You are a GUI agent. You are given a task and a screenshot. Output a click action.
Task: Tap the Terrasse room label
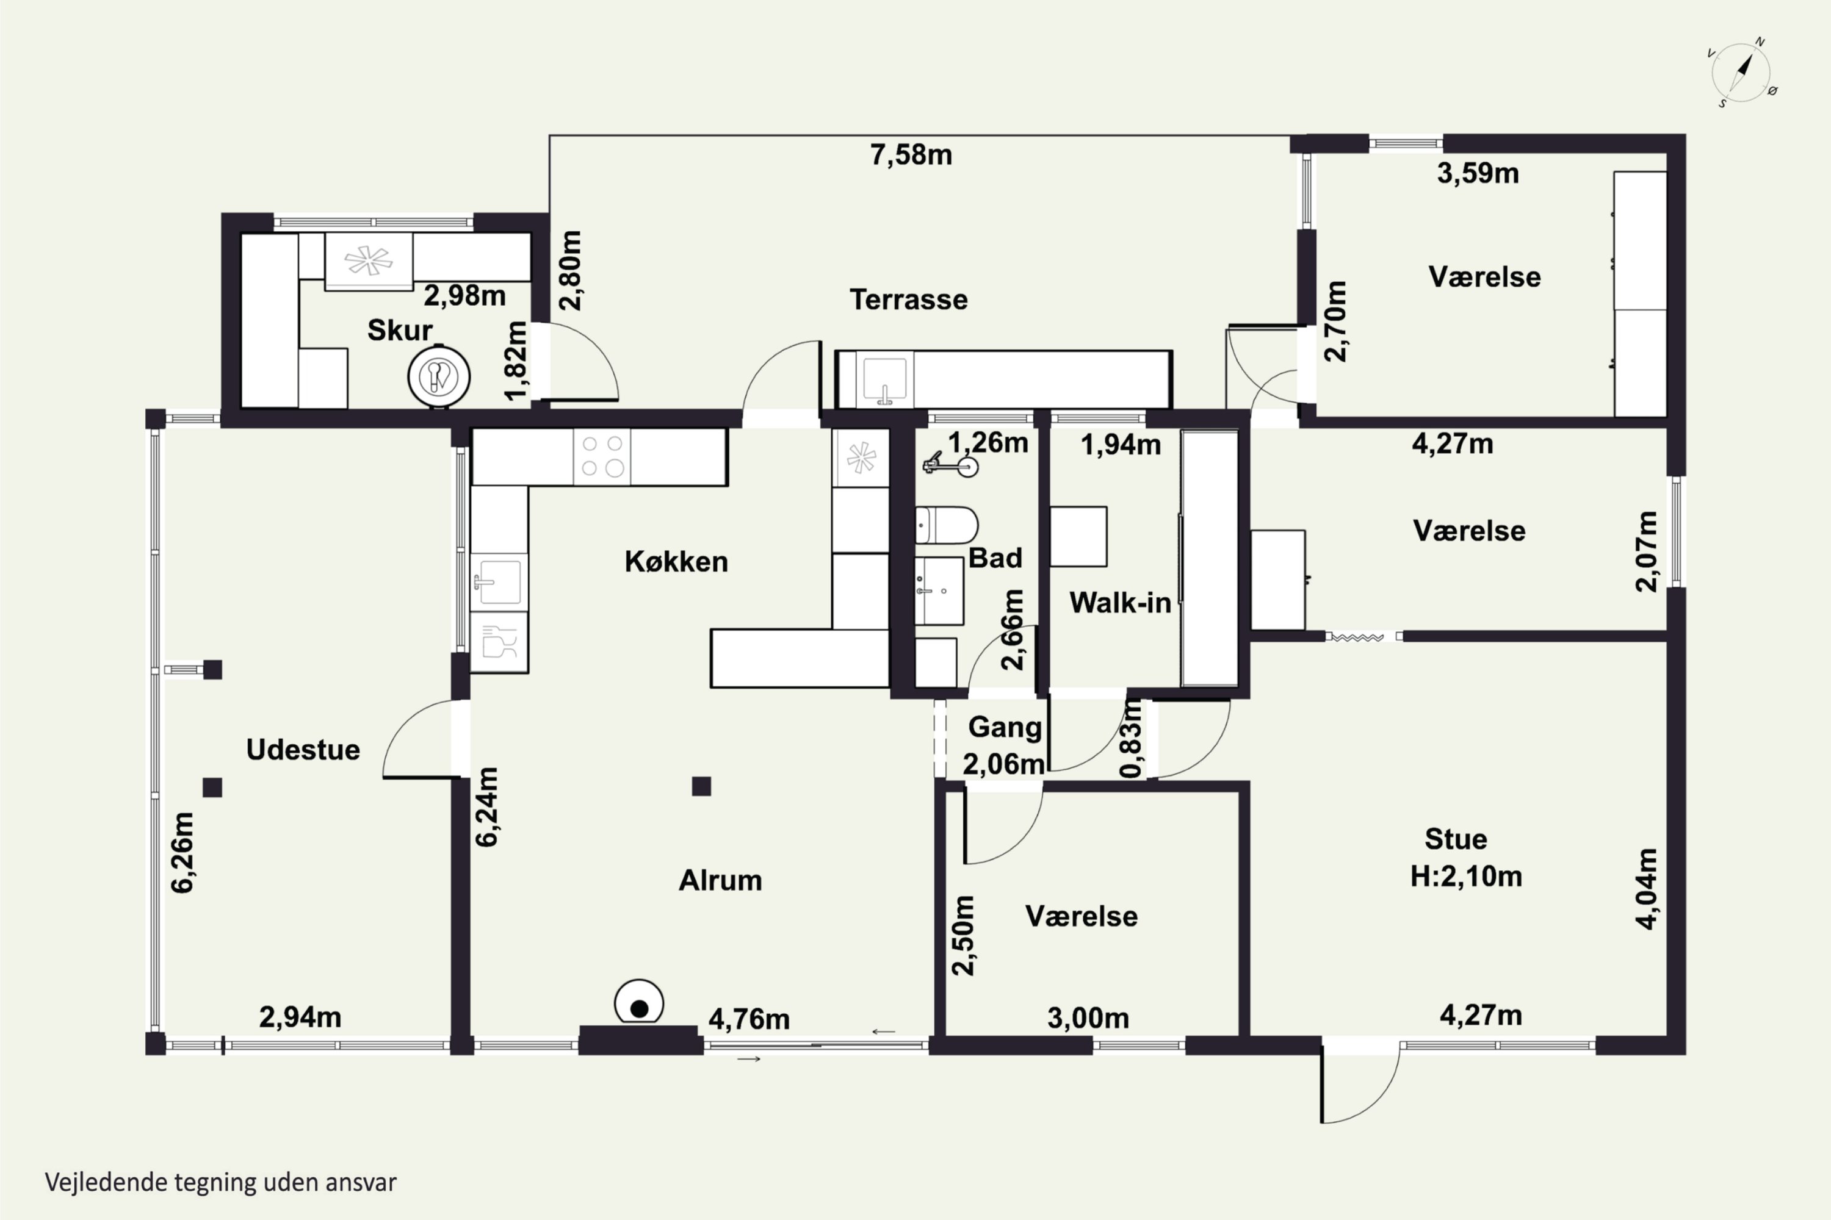(x=909, y=300)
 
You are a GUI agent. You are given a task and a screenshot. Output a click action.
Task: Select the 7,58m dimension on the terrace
(x=911, y=155)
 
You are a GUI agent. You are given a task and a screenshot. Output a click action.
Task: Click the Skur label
(x=399, y=330)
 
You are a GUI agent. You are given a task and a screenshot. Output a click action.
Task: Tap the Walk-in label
(x=1119, y=602)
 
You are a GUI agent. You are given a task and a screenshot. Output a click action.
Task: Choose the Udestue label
(x=303, y=749)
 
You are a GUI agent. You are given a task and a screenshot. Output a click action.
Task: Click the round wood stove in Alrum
(x=639, y=1003)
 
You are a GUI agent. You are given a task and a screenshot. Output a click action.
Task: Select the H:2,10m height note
(x=1466, y=876)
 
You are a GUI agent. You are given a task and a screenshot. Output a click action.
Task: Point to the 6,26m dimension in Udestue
(x=182, y=853)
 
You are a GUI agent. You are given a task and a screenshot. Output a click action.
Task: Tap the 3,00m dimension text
(x=1088, y=1017)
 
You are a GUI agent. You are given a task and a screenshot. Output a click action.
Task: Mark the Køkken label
(x=676, y=561)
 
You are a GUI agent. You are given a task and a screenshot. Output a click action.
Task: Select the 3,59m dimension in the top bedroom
(x=1478, y=173)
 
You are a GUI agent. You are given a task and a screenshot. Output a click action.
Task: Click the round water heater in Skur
(x=439, y=376)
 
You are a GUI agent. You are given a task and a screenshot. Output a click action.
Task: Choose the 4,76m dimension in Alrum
(x=749, y=1019)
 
